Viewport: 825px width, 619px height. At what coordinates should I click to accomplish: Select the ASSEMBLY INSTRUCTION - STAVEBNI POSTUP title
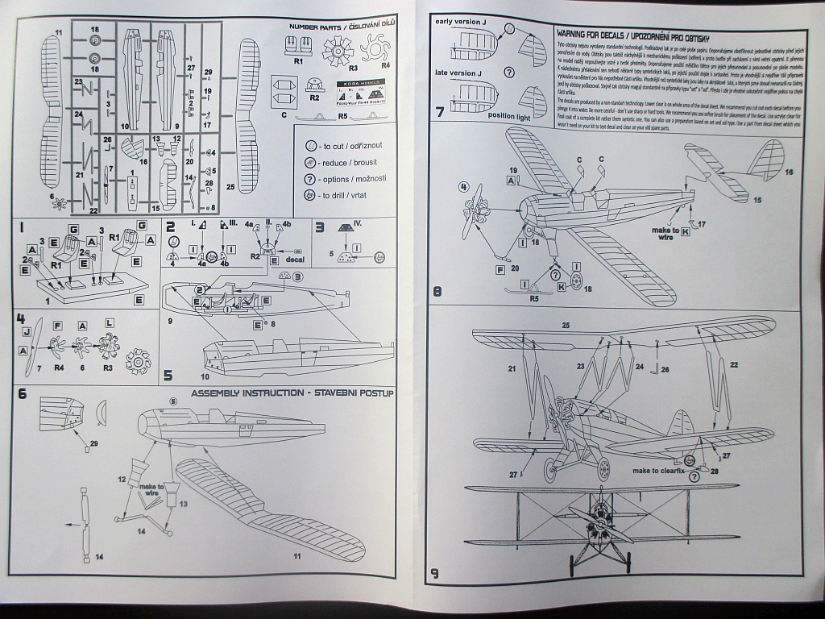(292, 393)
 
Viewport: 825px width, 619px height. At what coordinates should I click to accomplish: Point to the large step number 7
(440, 111)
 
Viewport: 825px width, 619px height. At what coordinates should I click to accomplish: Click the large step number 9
(435, 574)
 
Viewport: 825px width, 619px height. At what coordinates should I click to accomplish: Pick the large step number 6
(23, 394)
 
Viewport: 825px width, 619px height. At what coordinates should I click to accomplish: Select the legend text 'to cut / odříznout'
(351, 146)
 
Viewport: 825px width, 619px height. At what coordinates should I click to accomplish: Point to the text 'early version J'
(462, 21)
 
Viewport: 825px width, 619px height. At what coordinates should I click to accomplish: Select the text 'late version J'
(458, 73)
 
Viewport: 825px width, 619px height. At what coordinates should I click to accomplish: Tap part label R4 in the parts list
(385, 64)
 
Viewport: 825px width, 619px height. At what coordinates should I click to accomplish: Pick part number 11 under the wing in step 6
(296, 556)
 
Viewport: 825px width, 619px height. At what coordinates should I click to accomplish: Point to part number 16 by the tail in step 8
(788, 172)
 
